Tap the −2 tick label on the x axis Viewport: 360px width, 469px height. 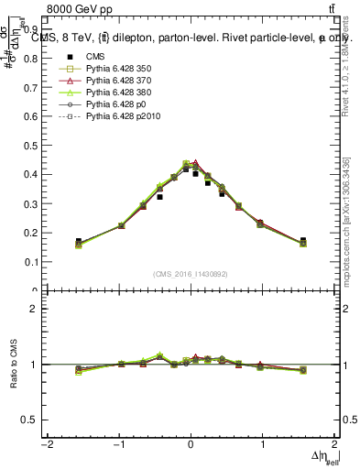tap(45, 446)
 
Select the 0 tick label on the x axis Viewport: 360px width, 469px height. tap(191, 446)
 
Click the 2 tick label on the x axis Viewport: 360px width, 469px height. tap(335, 446)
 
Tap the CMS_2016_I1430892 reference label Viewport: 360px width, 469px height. tap(191, 274)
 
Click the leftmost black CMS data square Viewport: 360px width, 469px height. tap(79, 241)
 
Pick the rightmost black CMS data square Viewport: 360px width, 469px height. tap(303, 240)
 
